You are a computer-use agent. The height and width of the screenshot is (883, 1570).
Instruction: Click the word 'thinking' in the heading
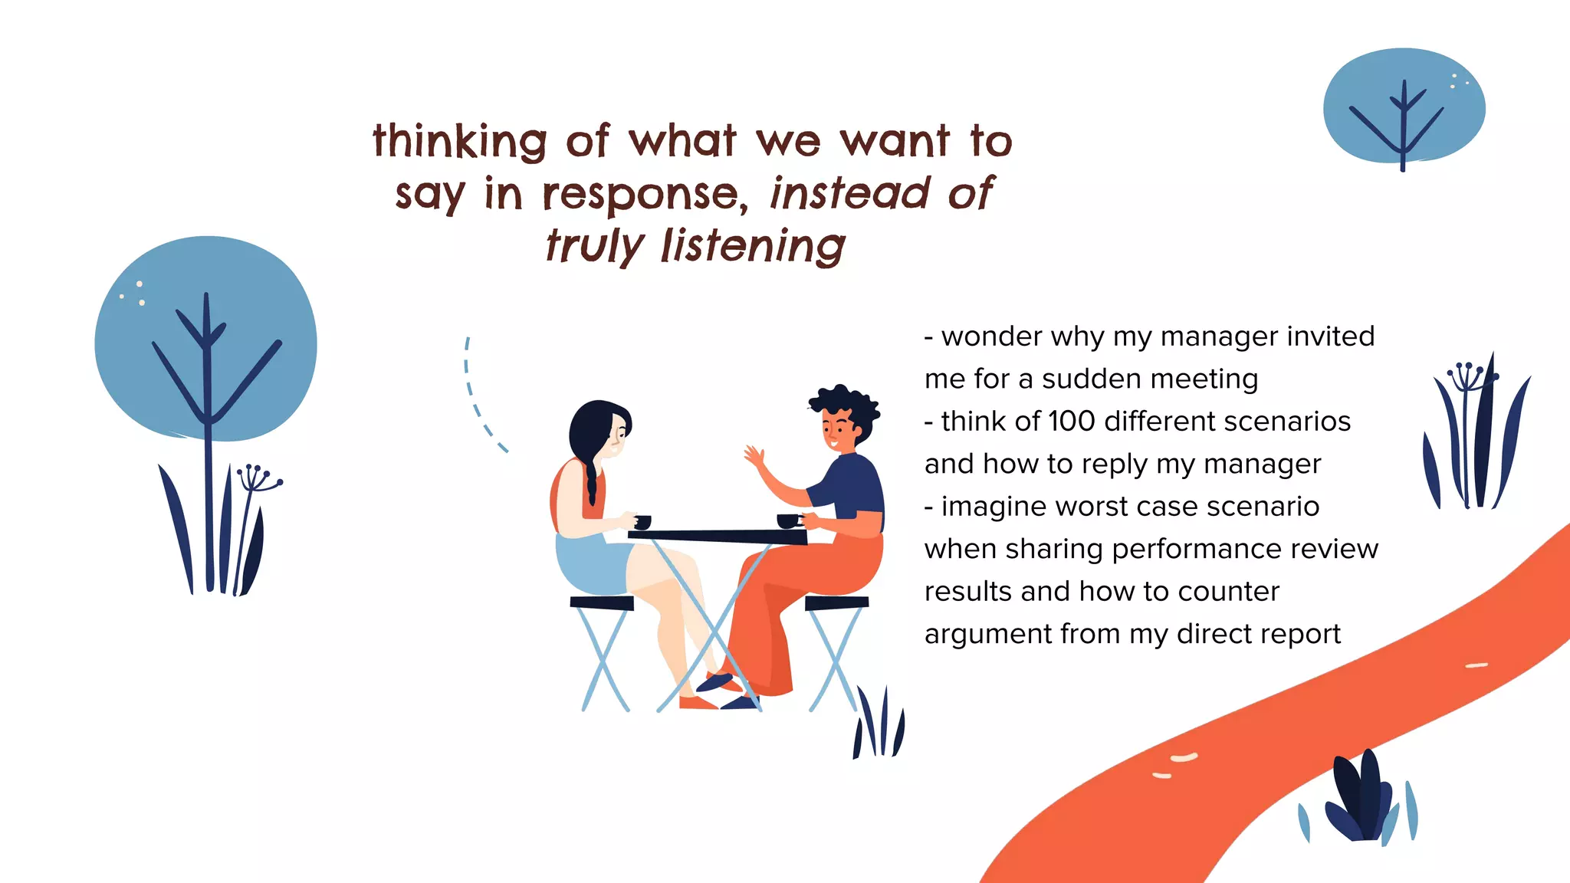[x=460, y=142]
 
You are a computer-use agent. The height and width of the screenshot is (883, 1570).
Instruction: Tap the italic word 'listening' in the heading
[x=754, y=246]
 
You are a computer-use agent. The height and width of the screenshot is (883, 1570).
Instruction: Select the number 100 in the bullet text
[x=1071, y=421]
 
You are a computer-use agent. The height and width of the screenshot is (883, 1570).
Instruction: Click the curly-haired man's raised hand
[x=756, y=458]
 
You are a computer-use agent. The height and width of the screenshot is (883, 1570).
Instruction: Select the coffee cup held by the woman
[x=642, y=522]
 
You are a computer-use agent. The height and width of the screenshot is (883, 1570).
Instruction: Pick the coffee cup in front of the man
[x=787, y=521]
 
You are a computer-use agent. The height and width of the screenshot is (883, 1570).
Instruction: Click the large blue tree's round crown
[x=205, y=337]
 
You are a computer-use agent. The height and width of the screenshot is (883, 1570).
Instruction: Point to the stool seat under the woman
[x=602, y=603]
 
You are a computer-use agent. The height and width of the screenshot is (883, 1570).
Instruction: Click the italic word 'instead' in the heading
[x=850, y=193]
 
